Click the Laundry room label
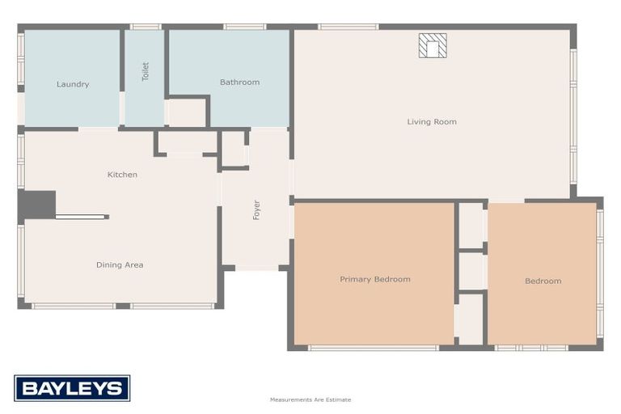[x=73, y=84]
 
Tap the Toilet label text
[x=146, y=72]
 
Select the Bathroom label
[x=239, y=82]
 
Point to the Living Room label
[x=432, y=122]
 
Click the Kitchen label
[x=122, y=175]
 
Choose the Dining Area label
[x=120, y=264]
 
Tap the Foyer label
[x=256, y=210]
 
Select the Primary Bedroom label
[x=374, y=279]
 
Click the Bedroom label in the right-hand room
[x=543, y=281]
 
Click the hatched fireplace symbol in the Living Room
[x=433, y=45]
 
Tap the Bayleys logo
[x=72, y=388]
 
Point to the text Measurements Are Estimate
[x=310, y=399]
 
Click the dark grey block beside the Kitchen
[x=37, y=205]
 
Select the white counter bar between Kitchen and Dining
[x=81, y=217]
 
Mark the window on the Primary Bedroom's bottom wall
[x=373, y=348]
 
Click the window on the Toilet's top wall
[x=145, y=27]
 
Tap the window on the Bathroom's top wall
[x=244, y=27]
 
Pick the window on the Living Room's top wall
[x=348, y=27]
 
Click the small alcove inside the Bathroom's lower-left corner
[x=187, y=112]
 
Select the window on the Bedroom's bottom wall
[x=531, y=348]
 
